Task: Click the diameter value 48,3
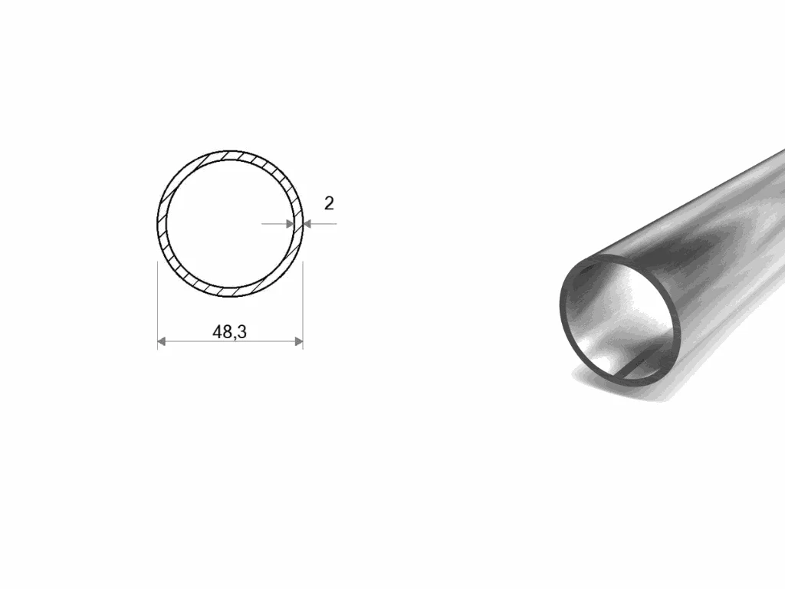click(x=229, y=332)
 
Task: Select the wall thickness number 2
click(x=329, y=203)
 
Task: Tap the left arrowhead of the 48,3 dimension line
click(x=161, y=341)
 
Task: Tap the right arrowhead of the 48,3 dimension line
click(x=299, y=341)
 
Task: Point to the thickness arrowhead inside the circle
click(x=290, y=223)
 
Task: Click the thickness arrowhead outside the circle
click(x=307, y=223)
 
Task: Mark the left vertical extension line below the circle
click(x=158, y=304)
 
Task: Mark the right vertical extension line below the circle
click(x=303, y=304)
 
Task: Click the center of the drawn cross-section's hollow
click(x=230, y=223)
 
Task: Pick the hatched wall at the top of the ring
click(x=230, y=155)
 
